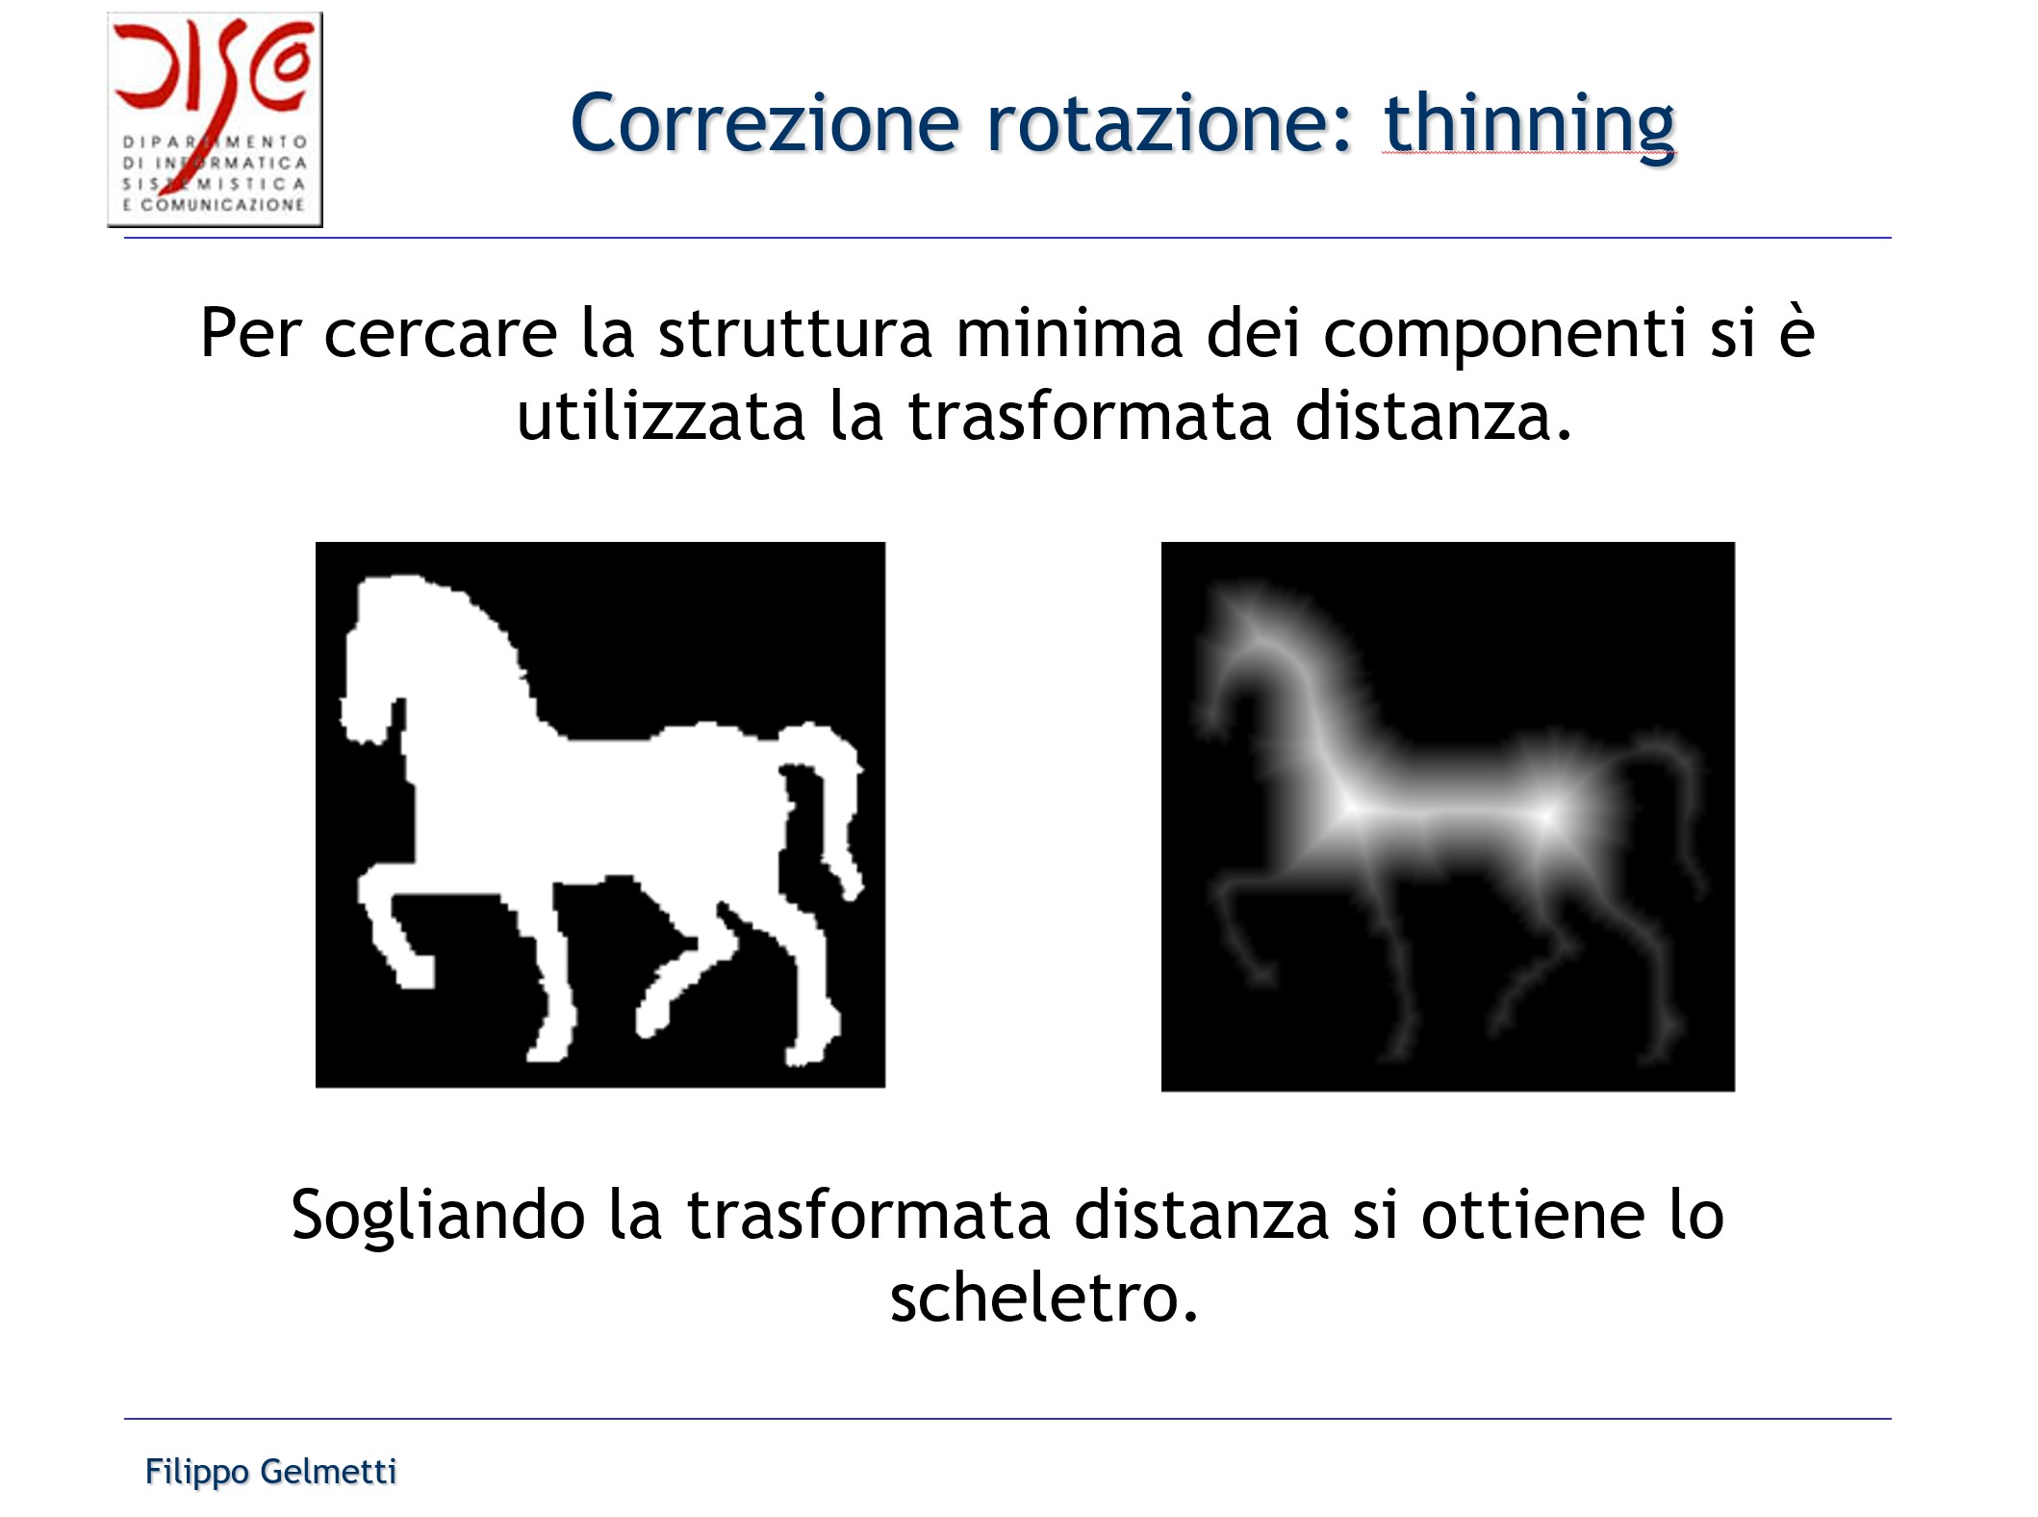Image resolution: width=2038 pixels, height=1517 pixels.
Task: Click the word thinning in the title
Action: (1529, 124)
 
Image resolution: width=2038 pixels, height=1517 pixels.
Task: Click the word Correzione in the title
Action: (765, 124)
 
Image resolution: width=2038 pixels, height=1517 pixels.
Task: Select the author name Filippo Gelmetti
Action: (270, 1472)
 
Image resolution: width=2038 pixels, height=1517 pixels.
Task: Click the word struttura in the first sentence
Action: (795, 333)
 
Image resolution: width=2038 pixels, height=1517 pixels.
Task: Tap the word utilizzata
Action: (660, 417)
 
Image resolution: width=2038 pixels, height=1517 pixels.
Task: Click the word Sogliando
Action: (438, 1215)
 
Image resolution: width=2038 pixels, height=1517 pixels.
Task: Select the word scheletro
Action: (1043, 1298)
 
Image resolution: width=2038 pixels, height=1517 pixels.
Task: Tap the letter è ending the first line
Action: (1796, 333)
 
